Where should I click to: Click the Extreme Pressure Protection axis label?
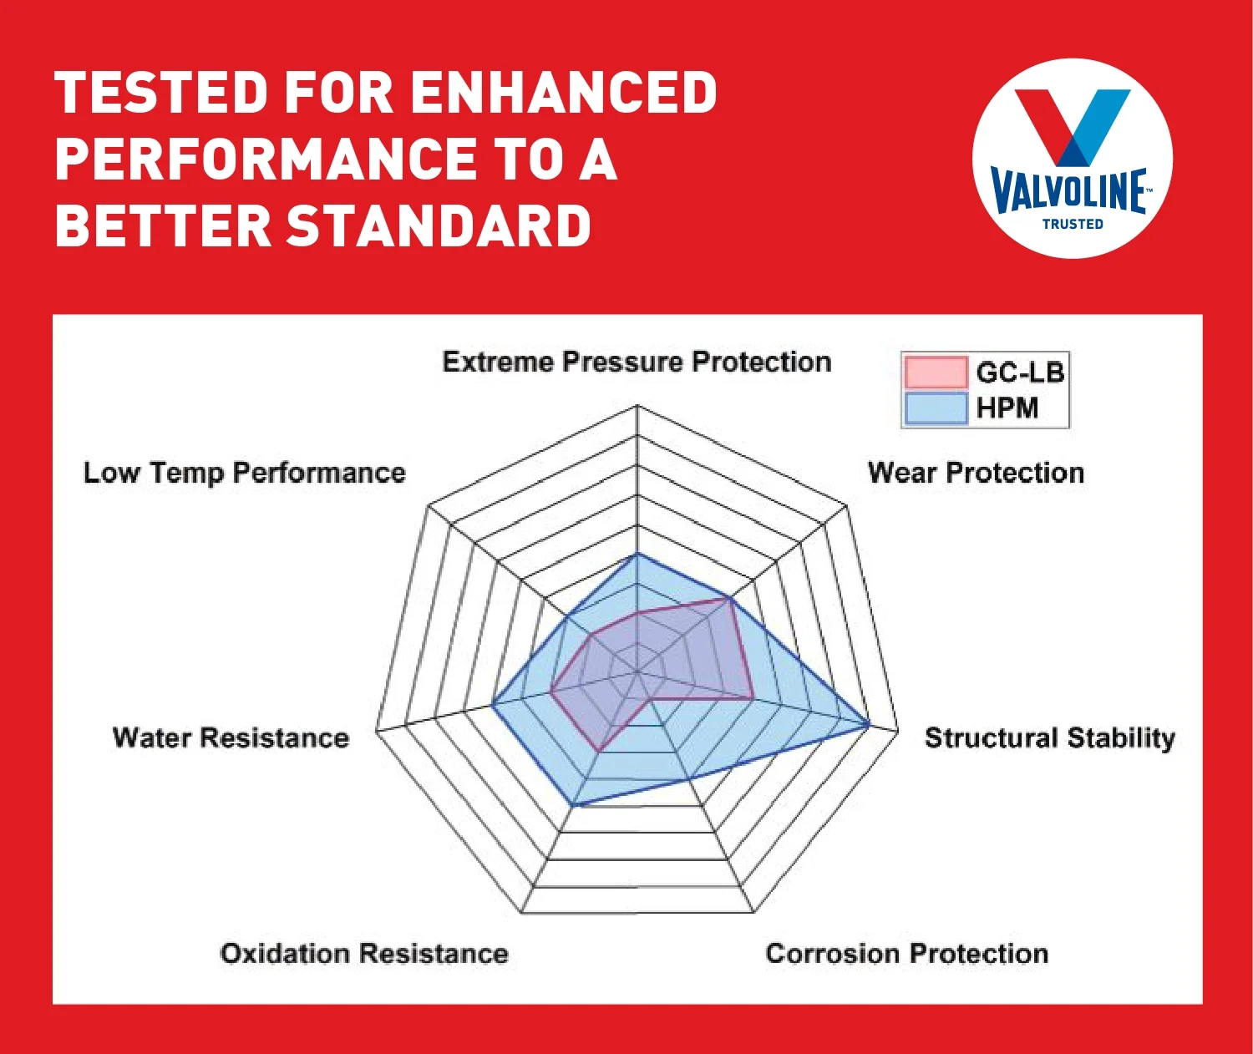(x=637, y=362)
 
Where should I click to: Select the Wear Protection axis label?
(x=976, y=473)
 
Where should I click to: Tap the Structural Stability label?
(x=1049, y=737)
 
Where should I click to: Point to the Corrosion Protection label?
(x=906, y=953)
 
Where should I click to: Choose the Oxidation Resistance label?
(x=364, y=953)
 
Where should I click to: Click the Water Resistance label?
(x=231, y=737)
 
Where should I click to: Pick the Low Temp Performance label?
(x=244, y=473)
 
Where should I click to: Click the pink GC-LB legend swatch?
(x=936, y=372)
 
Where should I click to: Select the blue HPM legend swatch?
(x=936, y=408)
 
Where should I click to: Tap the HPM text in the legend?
(x=1007, y=408)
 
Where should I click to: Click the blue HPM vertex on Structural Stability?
(x=869, y=724)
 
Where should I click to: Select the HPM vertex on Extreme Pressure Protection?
(x=637, y=553)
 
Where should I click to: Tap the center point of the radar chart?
(x=637, y=671)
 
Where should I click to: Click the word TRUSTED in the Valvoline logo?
(x=1073, y=224)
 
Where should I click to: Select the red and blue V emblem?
(x=1073, y=125)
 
